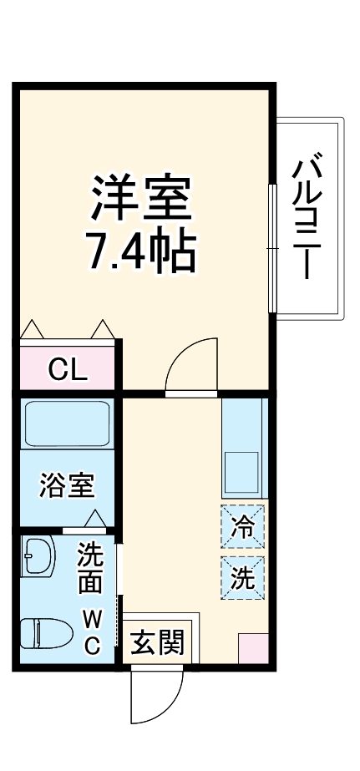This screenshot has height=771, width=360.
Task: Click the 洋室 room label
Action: click(x=143, y=197)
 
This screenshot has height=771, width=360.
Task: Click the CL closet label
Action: click(x=67, y=369)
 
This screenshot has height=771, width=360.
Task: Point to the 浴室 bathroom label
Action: click(x=67, y=487)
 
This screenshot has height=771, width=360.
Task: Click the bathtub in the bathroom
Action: click(x=67, y=424)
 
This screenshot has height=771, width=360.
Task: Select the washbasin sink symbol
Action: click(x=38, y=555)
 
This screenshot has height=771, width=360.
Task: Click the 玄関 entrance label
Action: click(x=158, y=643)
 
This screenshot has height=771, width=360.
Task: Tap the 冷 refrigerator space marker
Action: click(x=243, y=526)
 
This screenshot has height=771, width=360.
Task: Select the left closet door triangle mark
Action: click(x=32, y=329)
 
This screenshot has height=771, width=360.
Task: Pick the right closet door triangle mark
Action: click(x=102, y=329)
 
